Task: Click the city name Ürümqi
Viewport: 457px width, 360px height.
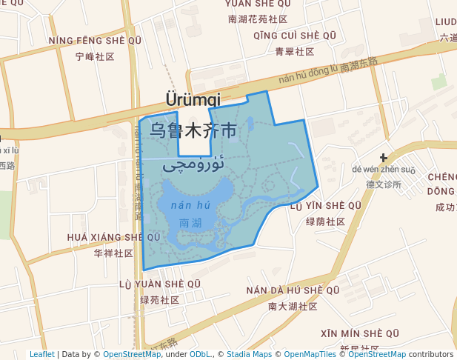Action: tap(193, 99)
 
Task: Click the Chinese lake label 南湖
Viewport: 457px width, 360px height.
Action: tap(190, 221)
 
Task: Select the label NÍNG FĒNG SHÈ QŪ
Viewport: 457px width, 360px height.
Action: tap(94, 40)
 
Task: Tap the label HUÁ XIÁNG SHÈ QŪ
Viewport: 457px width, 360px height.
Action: tap(113, 237)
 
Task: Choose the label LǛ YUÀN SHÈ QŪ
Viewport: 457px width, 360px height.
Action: tap(160, 284)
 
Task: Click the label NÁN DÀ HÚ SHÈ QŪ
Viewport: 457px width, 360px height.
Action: tap(293, 290)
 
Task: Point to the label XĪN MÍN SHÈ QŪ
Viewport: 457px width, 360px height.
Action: tap(360, 333)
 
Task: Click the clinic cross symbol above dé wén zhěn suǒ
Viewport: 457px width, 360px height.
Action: tap(384, 157)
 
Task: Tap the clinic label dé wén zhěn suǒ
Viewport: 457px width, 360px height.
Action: tap(384, 170)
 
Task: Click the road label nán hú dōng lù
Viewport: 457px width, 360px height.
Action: tap(308, 73)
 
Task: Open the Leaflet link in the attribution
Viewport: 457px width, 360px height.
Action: tap(41, 354)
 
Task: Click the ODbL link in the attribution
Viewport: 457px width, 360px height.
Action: tap(200, 354)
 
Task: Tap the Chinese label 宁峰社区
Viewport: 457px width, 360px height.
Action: tap(95, 56)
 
